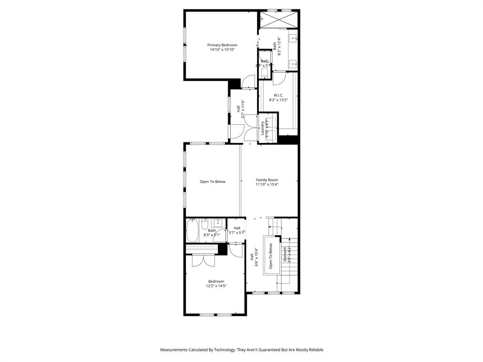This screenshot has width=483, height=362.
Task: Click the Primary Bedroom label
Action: (222, 45)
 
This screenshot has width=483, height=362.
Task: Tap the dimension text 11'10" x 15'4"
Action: (267, 184)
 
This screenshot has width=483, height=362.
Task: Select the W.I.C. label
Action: (278, 95)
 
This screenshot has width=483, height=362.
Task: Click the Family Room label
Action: (267, 180)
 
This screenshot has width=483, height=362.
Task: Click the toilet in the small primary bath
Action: (264, 72)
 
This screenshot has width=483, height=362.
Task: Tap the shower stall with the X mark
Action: (280, 20)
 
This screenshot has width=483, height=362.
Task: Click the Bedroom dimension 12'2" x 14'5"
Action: (216, 286)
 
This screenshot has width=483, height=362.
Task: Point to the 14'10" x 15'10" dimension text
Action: (222, 49)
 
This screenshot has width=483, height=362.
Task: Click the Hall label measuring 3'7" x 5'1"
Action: (237, 228)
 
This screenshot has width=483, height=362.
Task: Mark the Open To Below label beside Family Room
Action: (212, 181)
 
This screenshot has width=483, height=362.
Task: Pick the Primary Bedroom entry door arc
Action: (249, 82)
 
